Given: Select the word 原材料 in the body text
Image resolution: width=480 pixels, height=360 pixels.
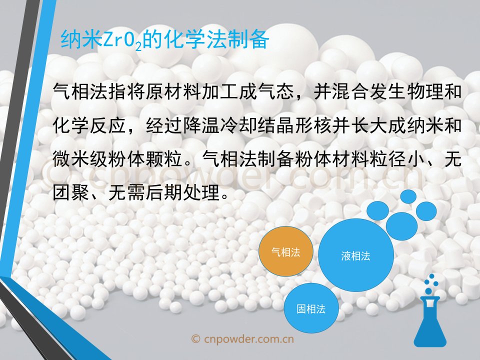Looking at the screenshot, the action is tap(173, 91).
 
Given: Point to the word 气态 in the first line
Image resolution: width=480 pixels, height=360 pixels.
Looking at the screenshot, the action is tap(276, 91).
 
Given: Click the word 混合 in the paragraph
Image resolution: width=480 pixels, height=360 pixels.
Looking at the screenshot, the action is tap(350, 91).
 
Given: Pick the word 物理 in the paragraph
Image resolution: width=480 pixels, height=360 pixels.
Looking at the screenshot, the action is tap(424, 91).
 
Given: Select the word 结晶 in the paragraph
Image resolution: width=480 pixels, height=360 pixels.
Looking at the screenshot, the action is tap(276, 125).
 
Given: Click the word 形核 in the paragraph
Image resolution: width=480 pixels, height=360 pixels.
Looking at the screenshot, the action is tap(313, 125).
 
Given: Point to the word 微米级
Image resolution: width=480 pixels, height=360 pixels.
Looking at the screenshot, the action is tap(80, 159).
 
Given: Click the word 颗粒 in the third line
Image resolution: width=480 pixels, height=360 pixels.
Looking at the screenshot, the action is tap(164, 159).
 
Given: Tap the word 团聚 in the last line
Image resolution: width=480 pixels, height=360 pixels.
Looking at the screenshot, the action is tap(70, 192).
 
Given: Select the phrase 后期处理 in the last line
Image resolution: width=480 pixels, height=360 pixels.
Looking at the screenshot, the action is tap(182, 192).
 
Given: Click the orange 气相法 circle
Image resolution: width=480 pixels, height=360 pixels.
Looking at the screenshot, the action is tap(286, 251).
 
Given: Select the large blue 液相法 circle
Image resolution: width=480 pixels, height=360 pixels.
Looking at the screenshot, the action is tap(355, 255).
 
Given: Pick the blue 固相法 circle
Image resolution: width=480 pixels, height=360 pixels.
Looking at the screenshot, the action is tap(311, 308).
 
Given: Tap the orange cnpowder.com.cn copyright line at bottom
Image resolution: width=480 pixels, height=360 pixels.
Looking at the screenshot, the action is tap(242, 339).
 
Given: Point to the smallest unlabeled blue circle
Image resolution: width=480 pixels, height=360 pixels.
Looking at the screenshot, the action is tap(408, 196).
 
